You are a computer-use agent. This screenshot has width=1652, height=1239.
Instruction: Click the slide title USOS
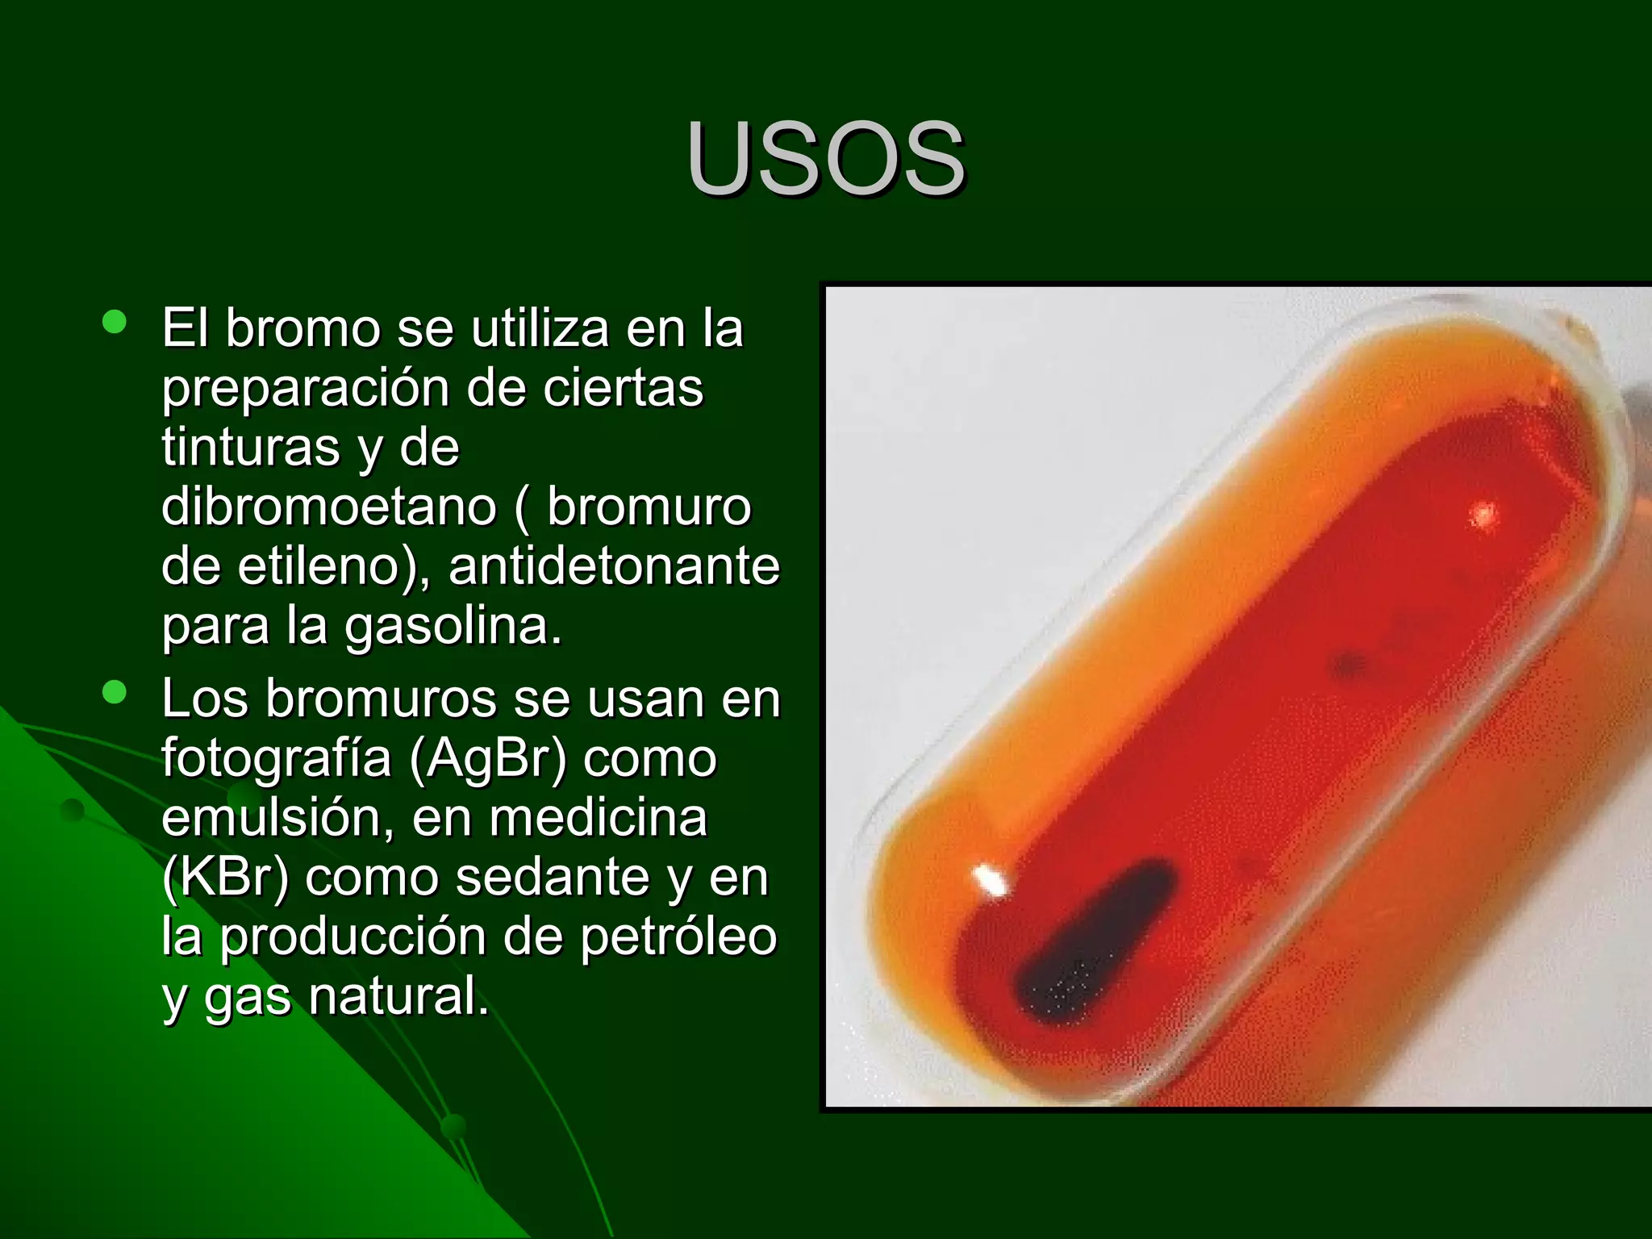point(825,158)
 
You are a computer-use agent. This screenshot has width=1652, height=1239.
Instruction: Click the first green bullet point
point(115,323)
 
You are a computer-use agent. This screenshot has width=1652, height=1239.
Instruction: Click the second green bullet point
point(115,693)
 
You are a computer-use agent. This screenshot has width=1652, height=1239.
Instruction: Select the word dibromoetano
point(329,507)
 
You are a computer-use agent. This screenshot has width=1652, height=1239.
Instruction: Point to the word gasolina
point(453,626)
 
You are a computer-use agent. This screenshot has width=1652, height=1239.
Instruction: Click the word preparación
point(305,389)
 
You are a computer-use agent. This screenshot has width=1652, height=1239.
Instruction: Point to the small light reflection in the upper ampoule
point(1483,514)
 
